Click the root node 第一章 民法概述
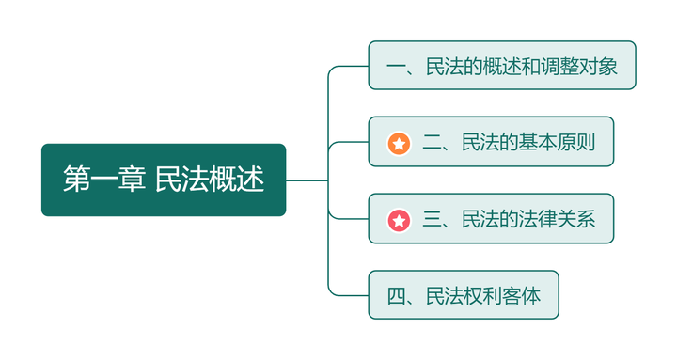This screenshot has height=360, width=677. (x=163, y=180)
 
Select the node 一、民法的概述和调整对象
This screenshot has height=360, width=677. (x=501, y=66)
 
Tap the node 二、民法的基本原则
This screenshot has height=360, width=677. (x=490, y=143)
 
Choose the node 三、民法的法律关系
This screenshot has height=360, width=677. (x=490, y=220)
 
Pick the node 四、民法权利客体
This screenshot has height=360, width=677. (x=464, y=296)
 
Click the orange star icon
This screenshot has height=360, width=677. (x=399, y=144)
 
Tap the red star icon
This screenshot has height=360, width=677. (x=399, y=221)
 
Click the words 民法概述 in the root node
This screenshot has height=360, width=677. (x=210, y=180)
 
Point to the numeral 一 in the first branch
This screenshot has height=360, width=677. (x=396, y=66)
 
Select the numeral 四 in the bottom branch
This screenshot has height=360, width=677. (x=396, y=296)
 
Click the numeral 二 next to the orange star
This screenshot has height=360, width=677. (x=433, y=143)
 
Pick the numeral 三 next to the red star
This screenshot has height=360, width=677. (x=433, y=220)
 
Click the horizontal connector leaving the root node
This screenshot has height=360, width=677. (x=307, y=180)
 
